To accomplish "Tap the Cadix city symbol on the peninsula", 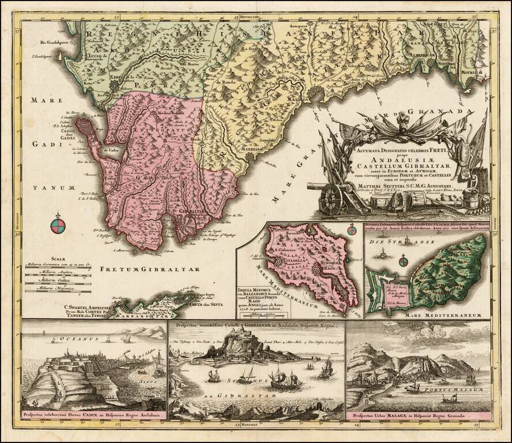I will tap(86, 127).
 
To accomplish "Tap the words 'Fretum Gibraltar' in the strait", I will tap(149, 269).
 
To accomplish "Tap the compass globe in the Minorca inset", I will tap(352, 231).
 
